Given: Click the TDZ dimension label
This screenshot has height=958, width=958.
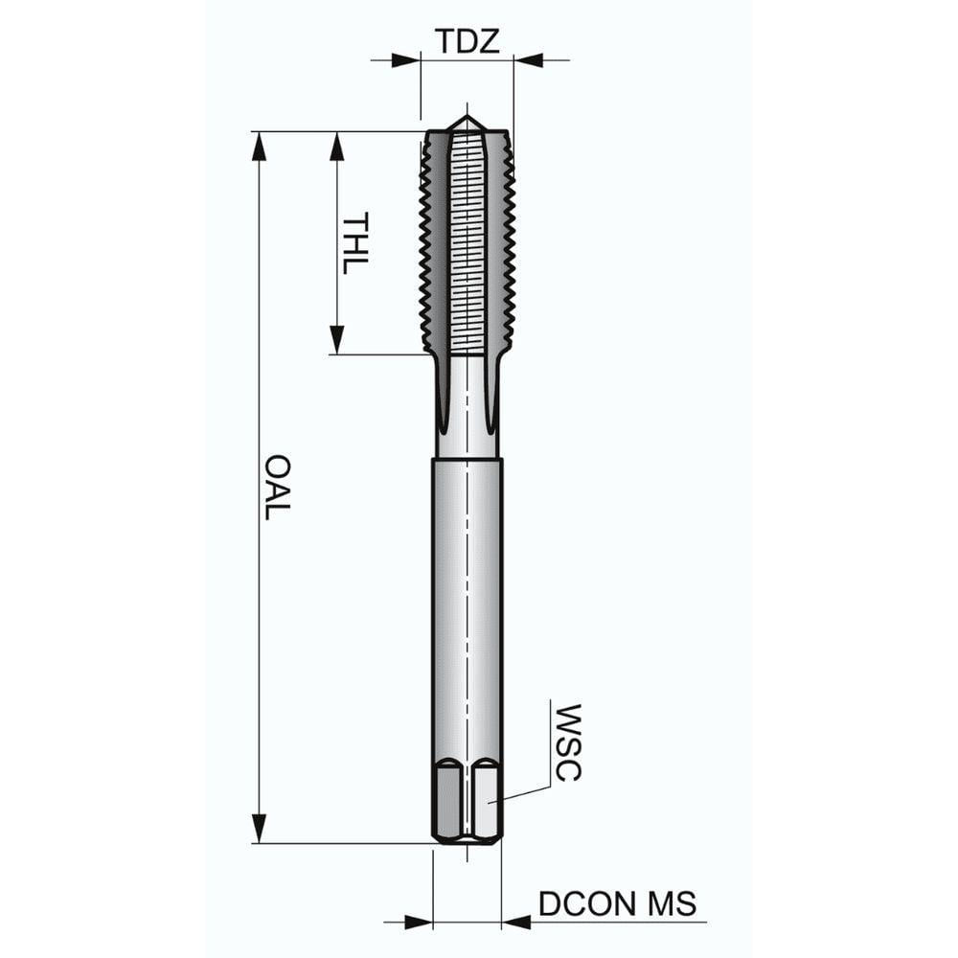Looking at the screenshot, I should click(x=468, y=42).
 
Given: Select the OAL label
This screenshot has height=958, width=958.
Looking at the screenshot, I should click(x=277, y=488).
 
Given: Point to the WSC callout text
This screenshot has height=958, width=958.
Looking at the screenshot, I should click(x=568, y=742).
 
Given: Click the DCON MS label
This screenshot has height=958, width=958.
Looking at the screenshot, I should click(x=617, y=903).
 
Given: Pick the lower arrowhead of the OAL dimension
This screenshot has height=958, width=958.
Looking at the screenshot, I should click(x=259, y=829).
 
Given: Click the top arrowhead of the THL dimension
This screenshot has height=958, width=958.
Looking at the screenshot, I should click(x=336, y=146).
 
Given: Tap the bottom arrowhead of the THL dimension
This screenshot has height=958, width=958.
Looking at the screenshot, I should click(x=336, y=340).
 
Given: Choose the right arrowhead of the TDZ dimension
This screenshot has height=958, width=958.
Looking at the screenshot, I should click(x=526, y=60).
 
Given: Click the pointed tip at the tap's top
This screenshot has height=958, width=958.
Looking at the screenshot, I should click(x=467, y=119).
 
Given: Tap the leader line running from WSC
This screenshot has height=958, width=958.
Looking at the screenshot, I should click(x=522, y=792).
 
